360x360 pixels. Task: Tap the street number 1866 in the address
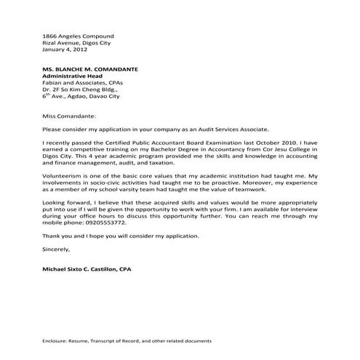click(x=50, y=36)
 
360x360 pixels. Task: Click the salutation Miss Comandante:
click(x=68, y=115)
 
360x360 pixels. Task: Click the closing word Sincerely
click(x=57, y=249)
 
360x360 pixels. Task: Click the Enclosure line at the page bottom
click(x=127, y=340)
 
